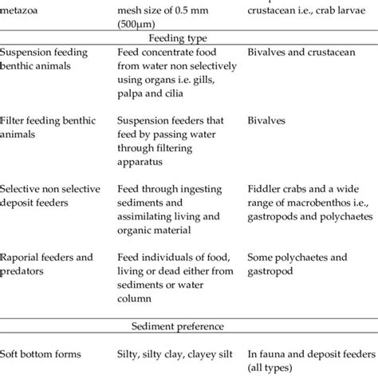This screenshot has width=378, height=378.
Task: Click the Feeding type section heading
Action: pyautogui.click(x=188, y=36)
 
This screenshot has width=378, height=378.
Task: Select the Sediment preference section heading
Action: pyautogui.click(x=188, y=326)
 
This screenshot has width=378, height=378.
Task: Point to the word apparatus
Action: pyautogui.click(x=162, y=158)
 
